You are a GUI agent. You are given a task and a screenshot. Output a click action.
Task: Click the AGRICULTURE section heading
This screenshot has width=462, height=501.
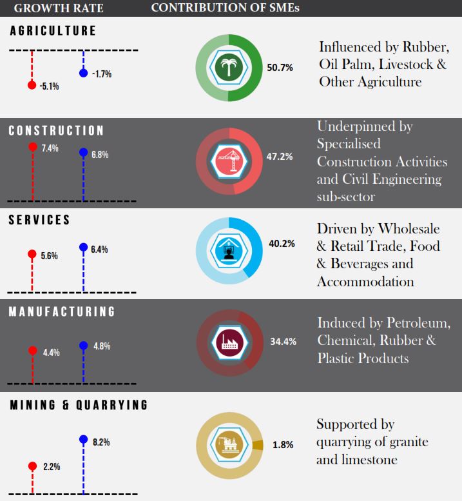click(53, 31)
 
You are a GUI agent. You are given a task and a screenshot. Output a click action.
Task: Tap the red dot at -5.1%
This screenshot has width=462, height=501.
click(32, 84)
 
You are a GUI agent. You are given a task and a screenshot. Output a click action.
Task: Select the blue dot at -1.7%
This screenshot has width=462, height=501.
click(82, 73)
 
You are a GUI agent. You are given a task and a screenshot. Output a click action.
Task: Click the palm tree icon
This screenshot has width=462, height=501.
click(227, 68)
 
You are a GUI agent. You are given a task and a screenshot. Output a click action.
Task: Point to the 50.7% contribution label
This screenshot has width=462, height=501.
click(280, 68)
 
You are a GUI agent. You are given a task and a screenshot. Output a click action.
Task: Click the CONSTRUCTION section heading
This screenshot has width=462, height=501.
click(56, 131)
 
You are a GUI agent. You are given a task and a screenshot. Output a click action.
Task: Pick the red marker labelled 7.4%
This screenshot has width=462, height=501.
click(32, 147)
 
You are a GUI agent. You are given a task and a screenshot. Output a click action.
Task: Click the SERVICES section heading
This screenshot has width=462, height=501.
click(39, 220)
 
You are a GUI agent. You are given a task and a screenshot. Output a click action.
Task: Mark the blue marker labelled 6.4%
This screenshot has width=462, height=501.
click(82, 247)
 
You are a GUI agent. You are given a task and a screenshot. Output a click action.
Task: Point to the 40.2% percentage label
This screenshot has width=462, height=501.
click(281, 244)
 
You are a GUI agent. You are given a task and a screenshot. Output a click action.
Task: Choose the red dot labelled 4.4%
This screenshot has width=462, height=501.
click(32, 351)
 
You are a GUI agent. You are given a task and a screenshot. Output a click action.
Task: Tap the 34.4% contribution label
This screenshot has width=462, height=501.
click(282, 342)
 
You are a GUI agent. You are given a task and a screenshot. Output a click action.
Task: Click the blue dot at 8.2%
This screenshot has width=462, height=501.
click(82, 440)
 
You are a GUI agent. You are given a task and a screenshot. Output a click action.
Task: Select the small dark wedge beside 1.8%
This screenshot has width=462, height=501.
click(258, 445)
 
